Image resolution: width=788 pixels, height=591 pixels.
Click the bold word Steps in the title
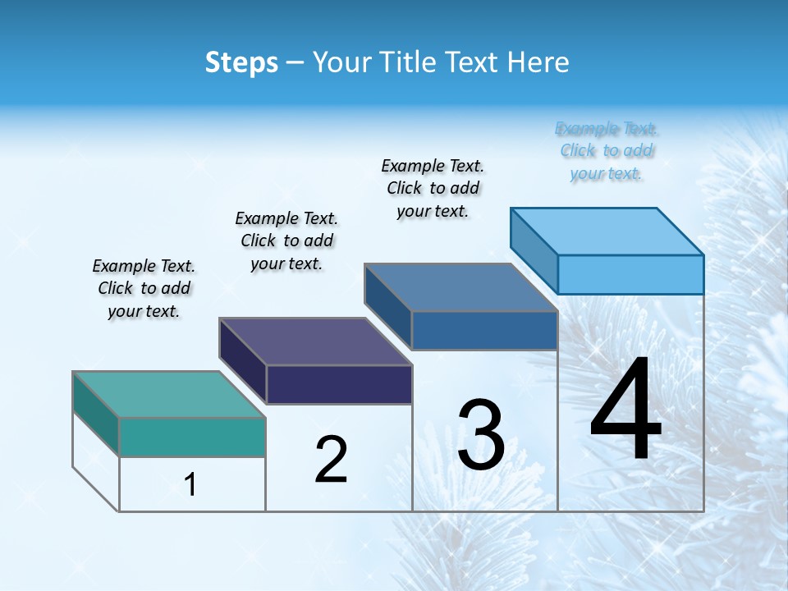[x=241, y=62]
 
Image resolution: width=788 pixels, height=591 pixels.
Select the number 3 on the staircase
[x=481, y=434]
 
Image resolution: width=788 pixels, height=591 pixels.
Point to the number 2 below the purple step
[x=332, y=460]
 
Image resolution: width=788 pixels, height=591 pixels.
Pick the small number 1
[x=190, y=484]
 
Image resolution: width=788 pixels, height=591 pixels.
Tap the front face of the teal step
[x=192, y=437]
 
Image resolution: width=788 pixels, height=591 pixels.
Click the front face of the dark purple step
[x=339, y=384]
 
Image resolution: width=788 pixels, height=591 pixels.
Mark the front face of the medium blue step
[x=484, y=331]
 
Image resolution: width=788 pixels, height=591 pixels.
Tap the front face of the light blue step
[x=630, y=274]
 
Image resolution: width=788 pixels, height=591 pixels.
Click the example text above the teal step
[x=144, y=288]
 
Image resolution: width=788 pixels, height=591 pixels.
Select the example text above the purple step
[x=286, y=241]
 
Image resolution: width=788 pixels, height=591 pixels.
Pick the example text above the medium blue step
[x=433, y=188]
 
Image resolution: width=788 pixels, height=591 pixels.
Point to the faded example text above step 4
[x=607, y=151]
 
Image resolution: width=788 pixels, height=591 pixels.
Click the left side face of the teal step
[x=96, y=414]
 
